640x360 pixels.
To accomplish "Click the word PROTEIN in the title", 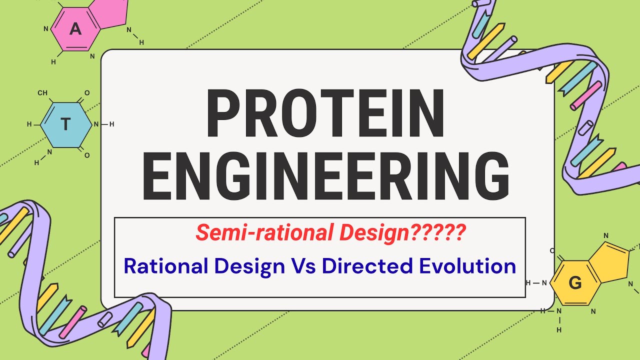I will (325, 114).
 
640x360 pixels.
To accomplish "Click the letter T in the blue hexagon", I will (65, 124).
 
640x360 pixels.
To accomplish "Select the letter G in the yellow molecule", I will (575, 283).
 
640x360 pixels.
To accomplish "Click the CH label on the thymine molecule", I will (42, 93).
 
